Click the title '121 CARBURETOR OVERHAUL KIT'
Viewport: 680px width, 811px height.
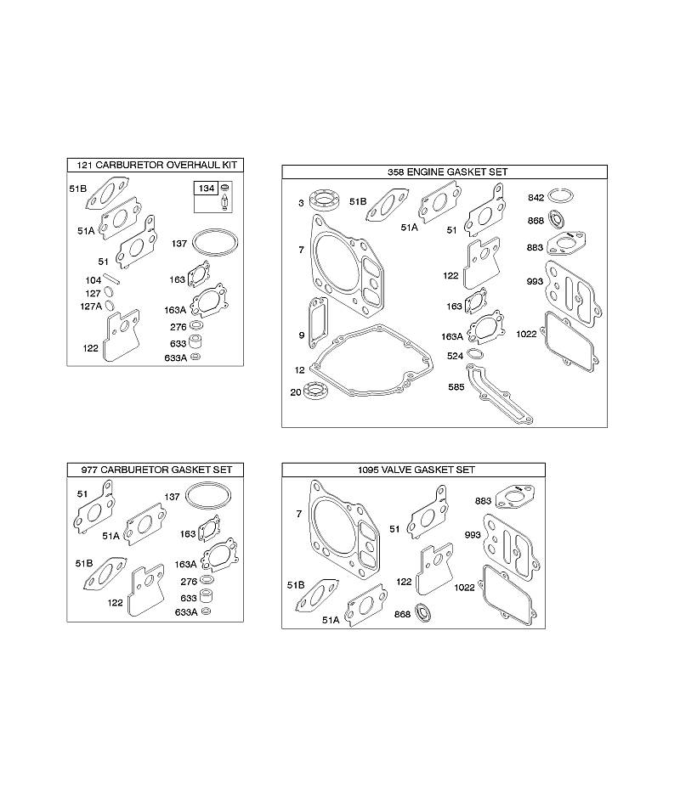coord(156,165)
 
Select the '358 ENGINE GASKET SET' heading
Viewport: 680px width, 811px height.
coord(448,172)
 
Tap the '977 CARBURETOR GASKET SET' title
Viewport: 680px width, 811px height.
coord(156,470)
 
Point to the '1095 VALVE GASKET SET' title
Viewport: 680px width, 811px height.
coord(416,470)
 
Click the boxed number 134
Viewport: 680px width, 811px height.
coord(207,189)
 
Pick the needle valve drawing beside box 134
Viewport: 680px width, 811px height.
coord(225,202)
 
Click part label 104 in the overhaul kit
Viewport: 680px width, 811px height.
coord(93,280)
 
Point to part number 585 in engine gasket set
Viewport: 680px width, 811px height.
coord(456,386)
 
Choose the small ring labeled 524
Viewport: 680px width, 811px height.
coord(476,355)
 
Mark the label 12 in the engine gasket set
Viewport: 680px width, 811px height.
coord(300,369)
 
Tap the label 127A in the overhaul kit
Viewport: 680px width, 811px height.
coord(91,307)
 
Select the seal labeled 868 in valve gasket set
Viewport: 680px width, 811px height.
coord(423,613)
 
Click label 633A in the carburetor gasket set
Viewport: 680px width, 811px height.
coord(186,612)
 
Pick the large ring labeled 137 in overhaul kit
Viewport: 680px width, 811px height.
coord(215,242)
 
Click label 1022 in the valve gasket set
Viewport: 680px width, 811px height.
coord(464,588)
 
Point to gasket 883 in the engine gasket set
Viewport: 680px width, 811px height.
coord(565,243)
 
